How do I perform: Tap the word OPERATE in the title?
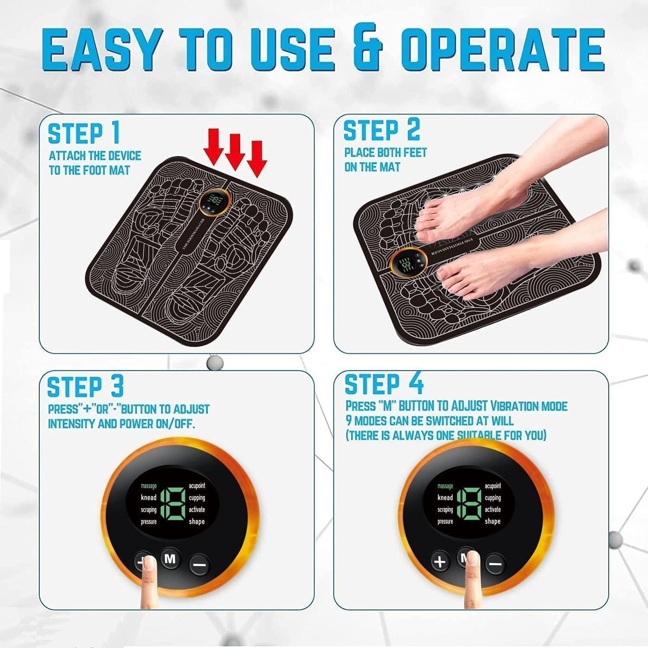[x=502, y=49]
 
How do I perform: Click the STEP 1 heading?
[x=84, y=133]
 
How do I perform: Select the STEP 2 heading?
[x=381, y=130]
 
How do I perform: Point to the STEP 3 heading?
[x=85, y=387]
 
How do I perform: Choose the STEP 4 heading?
[x=383, y=384]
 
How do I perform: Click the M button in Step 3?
[x=170, y=559]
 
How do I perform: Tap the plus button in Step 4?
[x=440, y=561]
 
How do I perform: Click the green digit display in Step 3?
[x=173, y=504]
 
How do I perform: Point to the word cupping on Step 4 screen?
[x=492, y=498]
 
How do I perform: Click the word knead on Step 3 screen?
[x=148, y=497]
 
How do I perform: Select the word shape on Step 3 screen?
[x=196, y=522]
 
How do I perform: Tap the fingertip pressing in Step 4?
[x=472, y=561]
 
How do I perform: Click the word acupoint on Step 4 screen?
[x=492, y=486]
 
